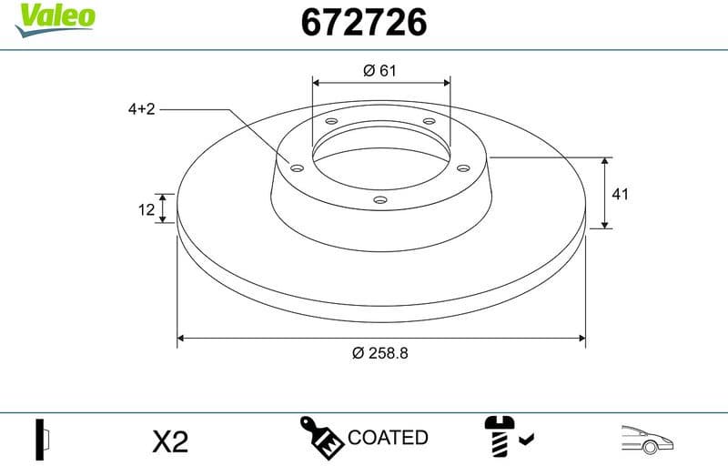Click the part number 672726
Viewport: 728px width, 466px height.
364,24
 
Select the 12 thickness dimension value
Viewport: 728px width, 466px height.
146,209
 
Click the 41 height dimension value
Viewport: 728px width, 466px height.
621,194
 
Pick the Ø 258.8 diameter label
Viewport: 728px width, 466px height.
380,353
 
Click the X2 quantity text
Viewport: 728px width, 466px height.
169,442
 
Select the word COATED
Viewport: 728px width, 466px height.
388,438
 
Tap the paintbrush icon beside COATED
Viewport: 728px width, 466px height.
322,439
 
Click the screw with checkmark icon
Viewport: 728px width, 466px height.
504,440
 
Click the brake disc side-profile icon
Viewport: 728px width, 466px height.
42,440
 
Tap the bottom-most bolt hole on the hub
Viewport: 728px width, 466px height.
380,199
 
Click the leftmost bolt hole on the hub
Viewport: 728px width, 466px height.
297,166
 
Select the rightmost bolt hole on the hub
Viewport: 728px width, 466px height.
463,167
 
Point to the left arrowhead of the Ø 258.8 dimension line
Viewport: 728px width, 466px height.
181,338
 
